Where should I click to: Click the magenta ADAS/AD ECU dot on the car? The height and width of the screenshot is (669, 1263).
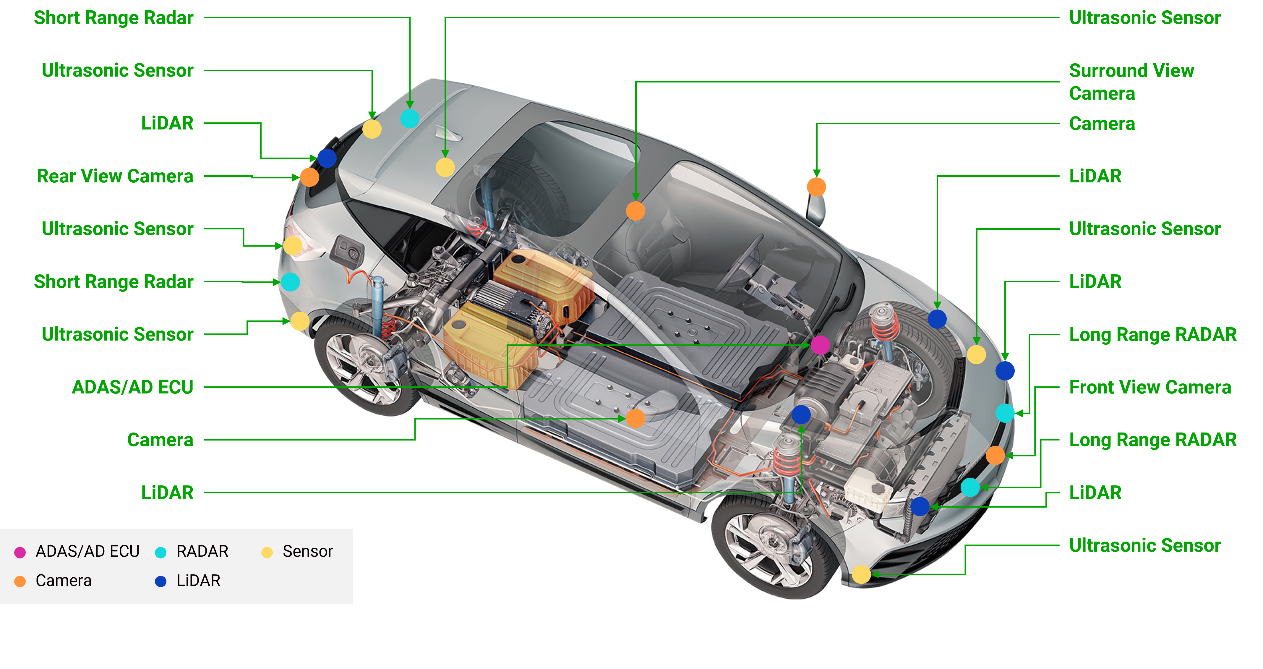point(820,345)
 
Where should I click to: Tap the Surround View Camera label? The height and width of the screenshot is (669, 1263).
point(1131,82)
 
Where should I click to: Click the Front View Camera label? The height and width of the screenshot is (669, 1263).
point(1150,388)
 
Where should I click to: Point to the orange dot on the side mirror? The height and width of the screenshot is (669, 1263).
point(816,187)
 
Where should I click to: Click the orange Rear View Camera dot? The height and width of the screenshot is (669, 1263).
point(309,177)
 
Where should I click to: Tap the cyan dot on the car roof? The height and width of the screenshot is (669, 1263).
point(410,118)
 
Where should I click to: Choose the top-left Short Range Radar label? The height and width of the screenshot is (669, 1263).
point(114,18)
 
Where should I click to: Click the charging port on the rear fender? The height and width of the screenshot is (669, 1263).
point(347,249)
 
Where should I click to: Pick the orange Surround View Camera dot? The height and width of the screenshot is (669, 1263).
point(635,211)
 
